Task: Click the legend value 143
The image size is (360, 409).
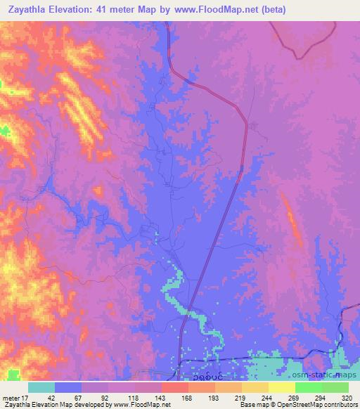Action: (x=162, y=397)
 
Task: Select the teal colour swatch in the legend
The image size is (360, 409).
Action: (x=41, y=387)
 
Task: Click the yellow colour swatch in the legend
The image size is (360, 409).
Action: (x=281, y=387)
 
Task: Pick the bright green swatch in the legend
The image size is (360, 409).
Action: (x=308, y=387)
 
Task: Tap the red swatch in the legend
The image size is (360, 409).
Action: (x=175, y=387)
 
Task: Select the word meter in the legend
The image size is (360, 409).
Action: (x=12, y=397)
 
